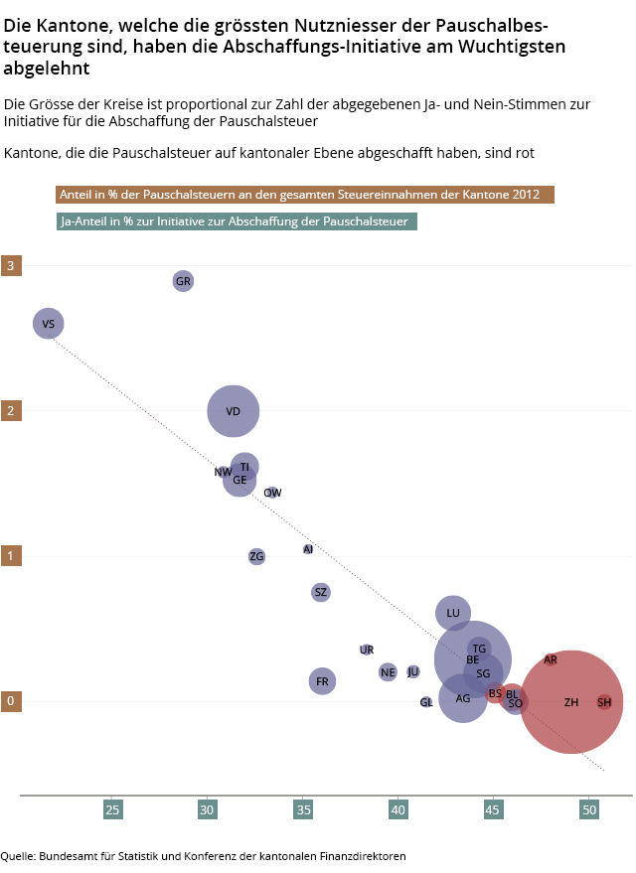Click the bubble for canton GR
click(x=183, y=281)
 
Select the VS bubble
click(x=49, y=323)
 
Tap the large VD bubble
click(x=234, y=410)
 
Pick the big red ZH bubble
click(x=571, y=702)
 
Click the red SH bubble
click(x=604, y=702)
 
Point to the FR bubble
click(x=322, y=681)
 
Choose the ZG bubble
click(x=257, y=556)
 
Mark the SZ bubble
click(x=320, y=592)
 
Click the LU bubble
click(x=453, y=613)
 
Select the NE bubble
click(x=388, y=672)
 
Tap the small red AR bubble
click(x=551, y=659)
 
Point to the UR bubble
click(x=367, y=650)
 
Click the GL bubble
click(x=426, y=702)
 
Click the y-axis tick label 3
click(x=10, y=265)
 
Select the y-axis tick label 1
click(x=10, y=555)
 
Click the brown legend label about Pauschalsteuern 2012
click(x=304, y=195)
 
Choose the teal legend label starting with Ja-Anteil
click(x=236, y=221)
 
